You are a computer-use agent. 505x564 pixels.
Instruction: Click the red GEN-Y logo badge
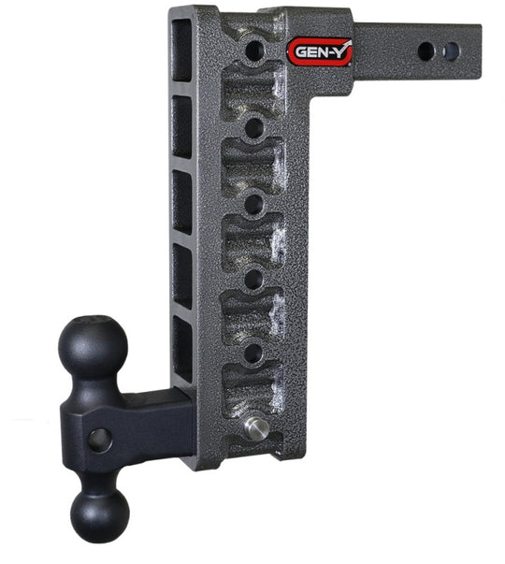click(x=320, y=52)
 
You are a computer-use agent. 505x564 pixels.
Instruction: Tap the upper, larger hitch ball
click(x=93, y=346)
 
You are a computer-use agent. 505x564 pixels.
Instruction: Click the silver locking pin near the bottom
click(x=256, y=428)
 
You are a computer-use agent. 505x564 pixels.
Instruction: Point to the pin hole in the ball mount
click(x=100, y=441)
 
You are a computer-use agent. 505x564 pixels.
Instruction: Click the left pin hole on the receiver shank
click(x=426, y=51)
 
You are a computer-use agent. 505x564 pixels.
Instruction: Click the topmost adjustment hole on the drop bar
click(x=254, y=51)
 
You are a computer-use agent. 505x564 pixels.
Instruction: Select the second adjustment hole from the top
click(x=254, y=128)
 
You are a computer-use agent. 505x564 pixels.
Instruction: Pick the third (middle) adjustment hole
click(x=254, y=204)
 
